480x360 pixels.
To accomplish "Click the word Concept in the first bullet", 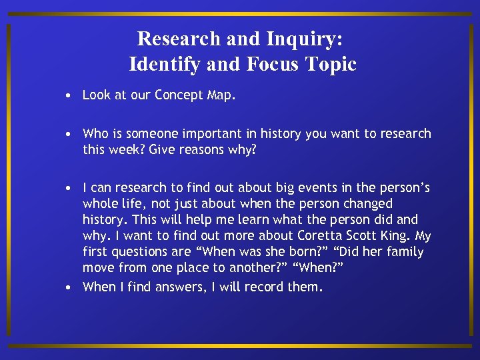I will (x=179, y=95).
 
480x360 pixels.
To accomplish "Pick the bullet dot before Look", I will (x=69, y=95).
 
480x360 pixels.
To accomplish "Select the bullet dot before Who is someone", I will (x=69, y=134).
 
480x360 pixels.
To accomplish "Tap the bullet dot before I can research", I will (x=69, y=189).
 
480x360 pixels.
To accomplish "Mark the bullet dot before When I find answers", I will (x=69, y=288).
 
